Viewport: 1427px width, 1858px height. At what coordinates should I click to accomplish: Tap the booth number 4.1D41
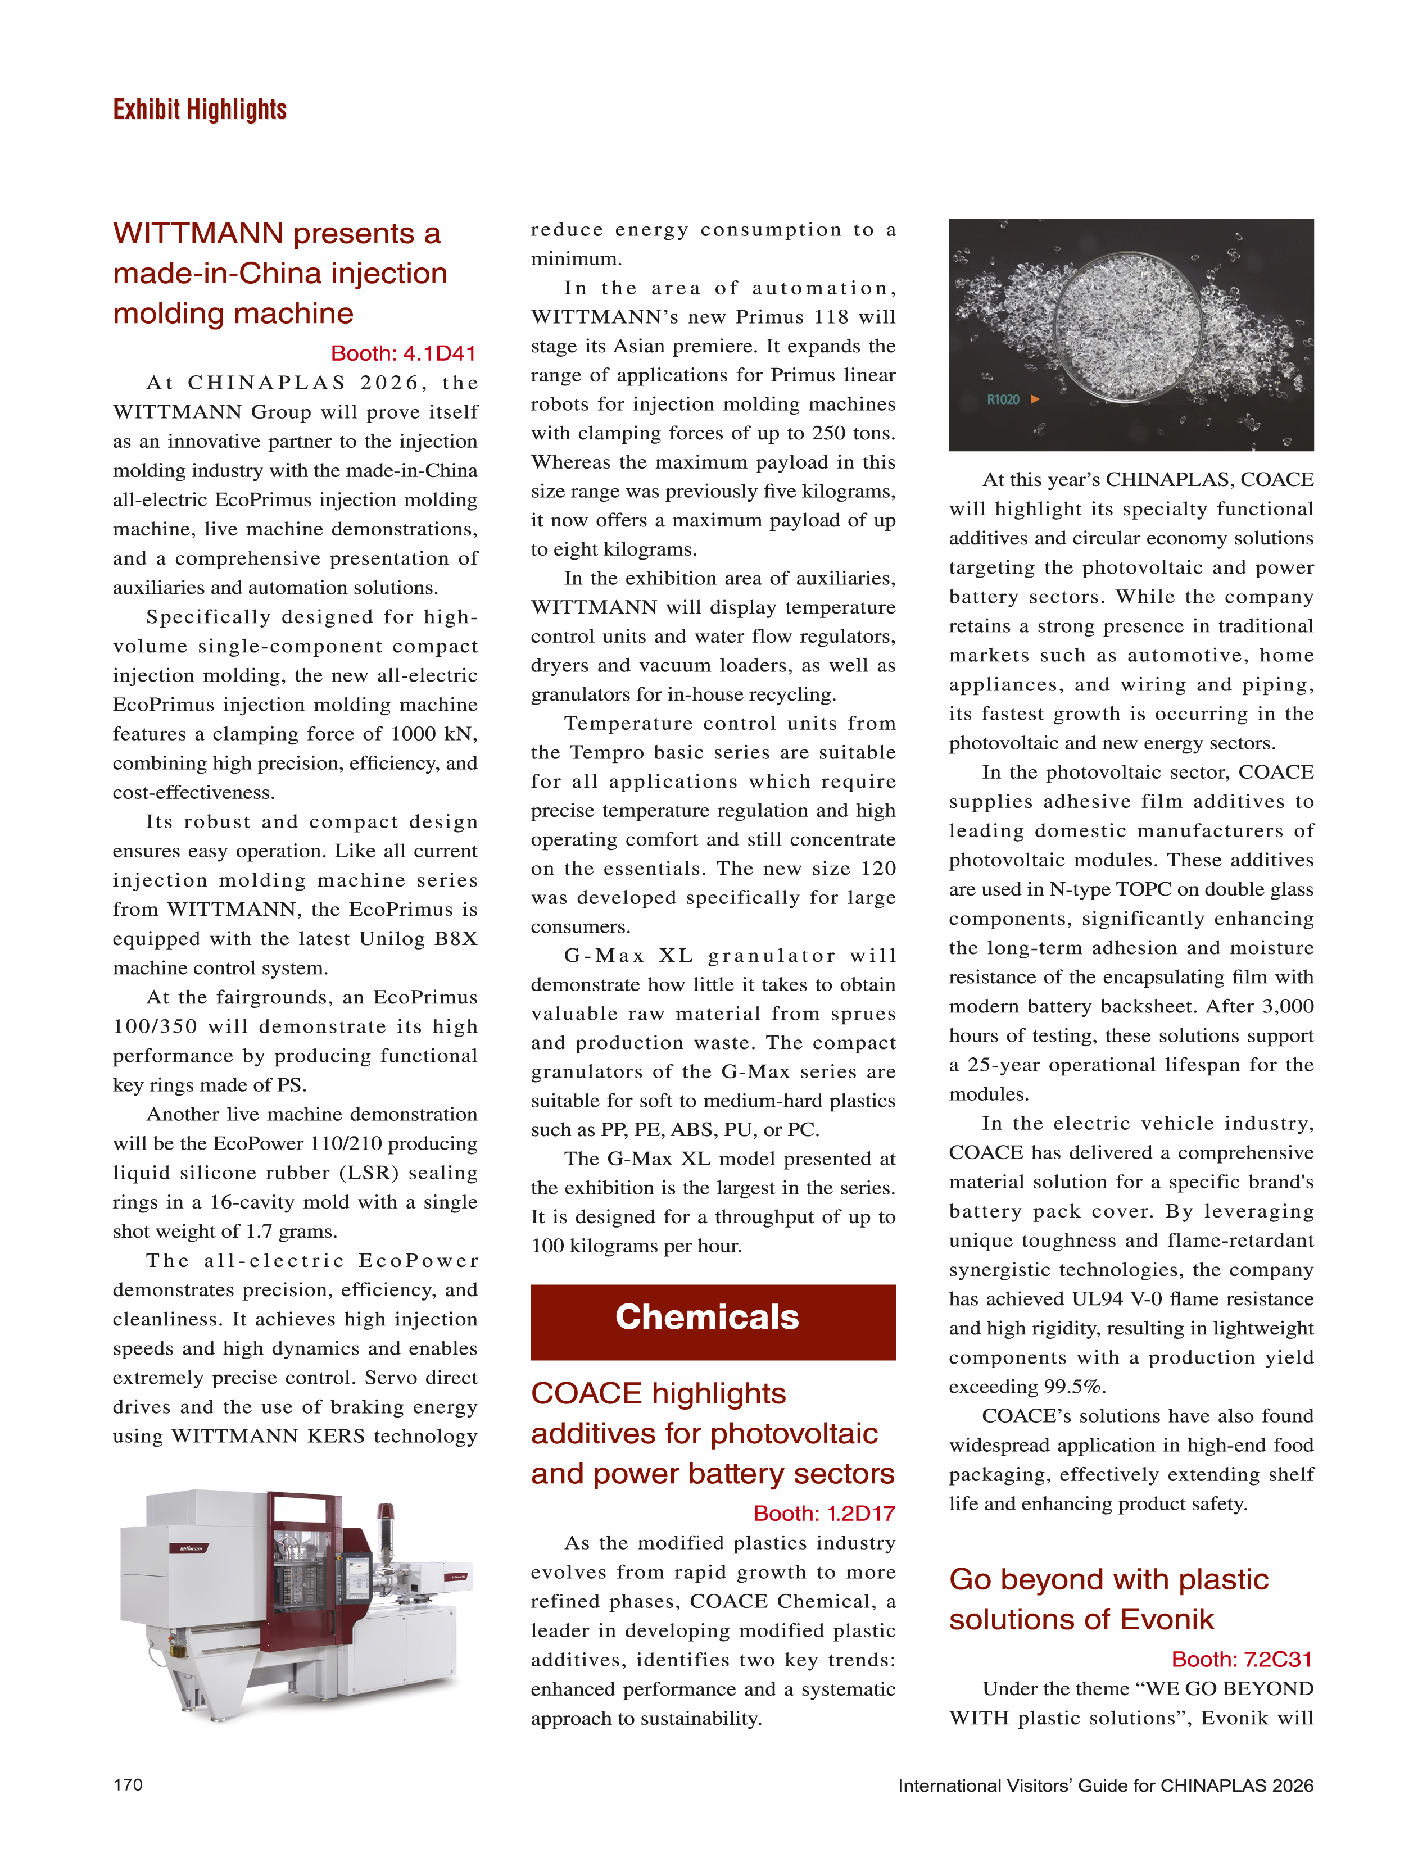coord(404,353)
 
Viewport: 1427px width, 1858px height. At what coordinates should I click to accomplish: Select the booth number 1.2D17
coord(824,1513)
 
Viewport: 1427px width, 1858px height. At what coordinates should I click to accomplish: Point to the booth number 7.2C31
coord(1242,1659)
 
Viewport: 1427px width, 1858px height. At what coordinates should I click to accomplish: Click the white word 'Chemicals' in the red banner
coord(706,1317)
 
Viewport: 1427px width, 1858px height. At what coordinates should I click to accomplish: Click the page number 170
coord(128,1784)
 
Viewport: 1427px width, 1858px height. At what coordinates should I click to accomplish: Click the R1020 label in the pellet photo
coord(1003,399)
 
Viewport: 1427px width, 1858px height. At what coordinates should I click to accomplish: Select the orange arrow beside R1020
coord(1035,399)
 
